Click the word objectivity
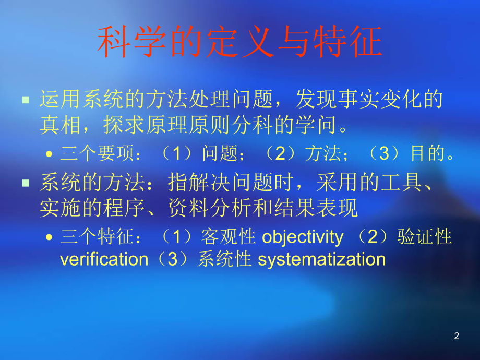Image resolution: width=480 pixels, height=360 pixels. [303, 237]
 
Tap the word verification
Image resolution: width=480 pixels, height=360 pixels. [104, 259]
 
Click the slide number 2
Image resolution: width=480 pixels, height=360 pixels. [457, 337]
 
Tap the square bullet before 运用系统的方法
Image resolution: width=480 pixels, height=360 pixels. [26, 99]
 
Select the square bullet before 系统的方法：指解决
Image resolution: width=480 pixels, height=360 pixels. [26, 183]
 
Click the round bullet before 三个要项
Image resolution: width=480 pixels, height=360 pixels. [49, 154]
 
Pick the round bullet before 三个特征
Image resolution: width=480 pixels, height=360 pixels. [49, 238]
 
